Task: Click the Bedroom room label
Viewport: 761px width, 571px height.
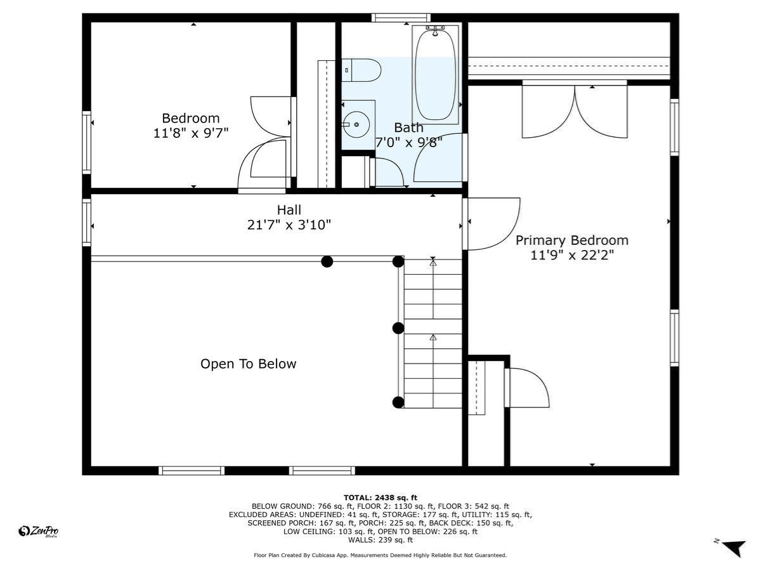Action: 190,118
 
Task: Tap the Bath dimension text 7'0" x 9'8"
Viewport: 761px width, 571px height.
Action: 408,142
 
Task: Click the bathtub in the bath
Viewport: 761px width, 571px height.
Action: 435,75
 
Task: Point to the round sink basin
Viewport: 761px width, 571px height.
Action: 357,124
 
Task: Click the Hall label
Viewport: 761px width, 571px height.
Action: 289,210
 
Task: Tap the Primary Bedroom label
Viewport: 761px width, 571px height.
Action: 571,240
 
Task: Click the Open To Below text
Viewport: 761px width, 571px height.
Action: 248,364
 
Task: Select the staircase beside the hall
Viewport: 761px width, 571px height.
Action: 433,333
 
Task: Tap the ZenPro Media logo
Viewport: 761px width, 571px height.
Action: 39,532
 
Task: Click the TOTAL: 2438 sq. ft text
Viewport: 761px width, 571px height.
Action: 380,497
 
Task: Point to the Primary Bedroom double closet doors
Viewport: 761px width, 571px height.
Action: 575,111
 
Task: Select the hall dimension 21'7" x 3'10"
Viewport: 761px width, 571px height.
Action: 289,225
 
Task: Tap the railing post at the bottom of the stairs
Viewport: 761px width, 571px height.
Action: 398,402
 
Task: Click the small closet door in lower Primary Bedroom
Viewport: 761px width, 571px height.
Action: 528,387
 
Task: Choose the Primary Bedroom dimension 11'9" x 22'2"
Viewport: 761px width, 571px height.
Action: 571,256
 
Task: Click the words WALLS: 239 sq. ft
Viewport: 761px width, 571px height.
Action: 380,540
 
